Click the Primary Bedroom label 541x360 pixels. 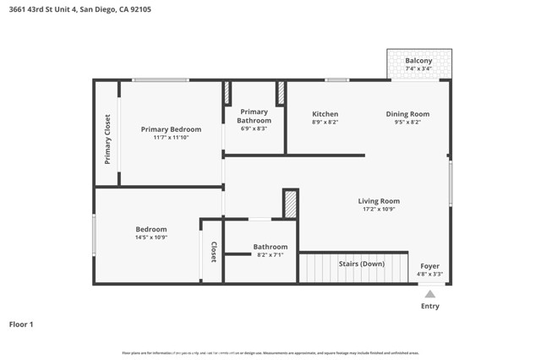pos(171,129)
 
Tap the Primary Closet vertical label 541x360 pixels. pos(107,139)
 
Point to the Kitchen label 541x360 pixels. pos(325,114)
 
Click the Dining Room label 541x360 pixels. pos(407,114)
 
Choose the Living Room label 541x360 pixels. pos(378,201)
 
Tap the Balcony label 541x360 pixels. pos(418,61)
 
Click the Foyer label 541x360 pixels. pos(429,266)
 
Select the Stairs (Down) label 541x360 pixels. pos(361,264)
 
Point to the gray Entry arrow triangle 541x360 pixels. pos(430,294)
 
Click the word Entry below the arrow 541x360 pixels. pos(430,306)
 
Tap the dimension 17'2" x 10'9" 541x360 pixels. pos(378,210)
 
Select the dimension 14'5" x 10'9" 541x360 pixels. pos(151,237)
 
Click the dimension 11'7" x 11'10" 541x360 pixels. pos(171,138)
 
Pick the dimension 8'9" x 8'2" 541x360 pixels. pos(325,123)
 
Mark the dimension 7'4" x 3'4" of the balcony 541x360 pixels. pos(418,69)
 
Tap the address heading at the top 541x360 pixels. pos(75,8)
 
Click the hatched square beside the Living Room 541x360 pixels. pos(290,204)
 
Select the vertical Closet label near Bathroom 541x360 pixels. pos(214,252)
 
